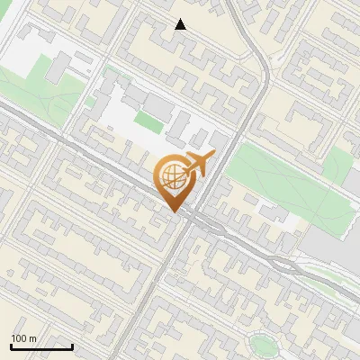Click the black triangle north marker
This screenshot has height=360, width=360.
pyautogui.click(x=181, y=24)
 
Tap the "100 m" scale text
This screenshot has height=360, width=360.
pyautogui.click(x=24, y=338)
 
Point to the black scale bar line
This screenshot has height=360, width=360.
pyautogui.click(x=41, y=346)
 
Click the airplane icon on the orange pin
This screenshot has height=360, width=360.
pyautogui.click(x=196, y=165)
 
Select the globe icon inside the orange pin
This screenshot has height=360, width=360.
pyautogui.click(x=172, y=176)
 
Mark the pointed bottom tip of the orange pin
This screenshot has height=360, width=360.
pyautogui.click(x=175, y=212)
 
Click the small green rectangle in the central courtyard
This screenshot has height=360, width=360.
pyautogui.click(x=148, y=122)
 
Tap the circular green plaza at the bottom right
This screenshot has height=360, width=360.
pyautogui.click(x=263, y=343)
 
